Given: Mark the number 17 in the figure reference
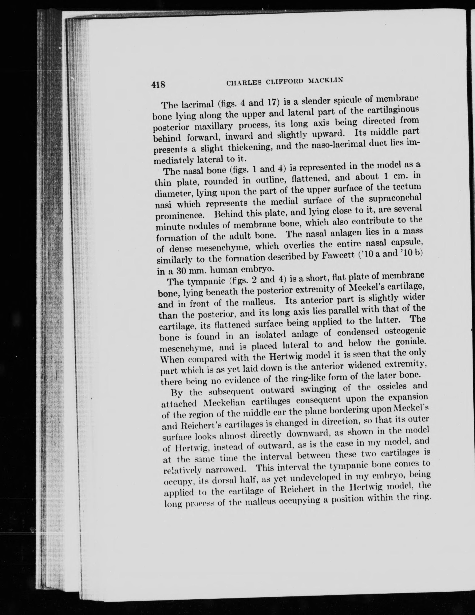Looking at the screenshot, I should (272, 102).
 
